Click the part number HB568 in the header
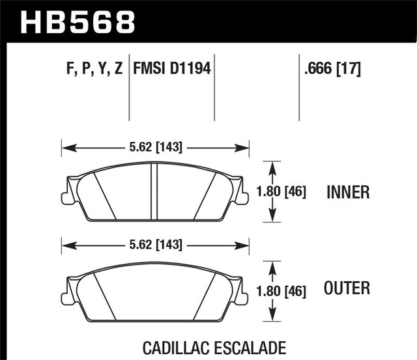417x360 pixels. [78, 21]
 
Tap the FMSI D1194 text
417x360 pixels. [172, 68]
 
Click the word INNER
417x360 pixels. [349, 192]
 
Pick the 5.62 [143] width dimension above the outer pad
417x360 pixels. [156, 245]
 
